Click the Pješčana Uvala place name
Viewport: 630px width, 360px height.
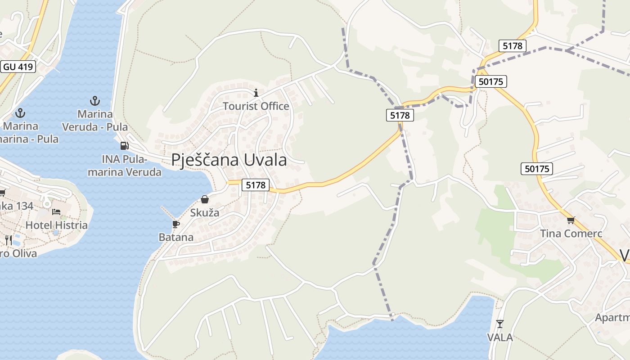[229, 160]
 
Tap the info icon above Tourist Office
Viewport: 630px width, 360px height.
[256, 93]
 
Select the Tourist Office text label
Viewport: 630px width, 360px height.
[256, 106]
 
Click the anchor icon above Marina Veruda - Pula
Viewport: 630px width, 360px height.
[94, 100]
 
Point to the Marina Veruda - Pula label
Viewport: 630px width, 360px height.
[94, 121]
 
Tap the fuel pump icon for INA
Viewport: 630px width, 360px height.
[124, 146]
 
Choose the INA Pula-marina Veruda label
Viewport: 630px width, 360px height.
[125, 166]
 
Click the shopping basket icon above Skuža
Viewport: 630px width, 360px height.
[205, 199]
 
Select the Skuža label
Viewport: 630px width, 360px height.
[205, 213]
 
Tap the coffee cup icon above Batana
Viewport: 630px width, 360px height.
[176, 224]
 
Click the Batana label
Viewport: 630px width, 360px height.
[176, 237]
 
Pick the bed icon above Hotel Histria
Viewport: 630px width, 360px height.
[56, 211]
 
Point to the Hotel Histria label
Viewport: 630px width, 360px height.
[57, 225]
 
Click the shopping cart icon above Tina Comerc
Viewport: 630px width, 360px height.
[571, 220]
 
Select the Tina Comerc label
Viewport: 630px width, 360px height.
[571, 234]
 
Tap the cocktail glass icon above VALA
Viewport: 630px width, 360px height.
[499, 324]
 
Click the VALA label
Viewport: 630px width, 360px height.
[499, 337]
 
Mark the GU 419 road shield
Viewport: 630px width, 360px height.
[18, 67]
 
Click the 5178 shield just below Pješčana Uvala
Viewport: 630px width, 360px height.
[256, 184]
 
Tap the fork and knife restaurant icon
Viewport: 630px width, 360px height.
[9, 240]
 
